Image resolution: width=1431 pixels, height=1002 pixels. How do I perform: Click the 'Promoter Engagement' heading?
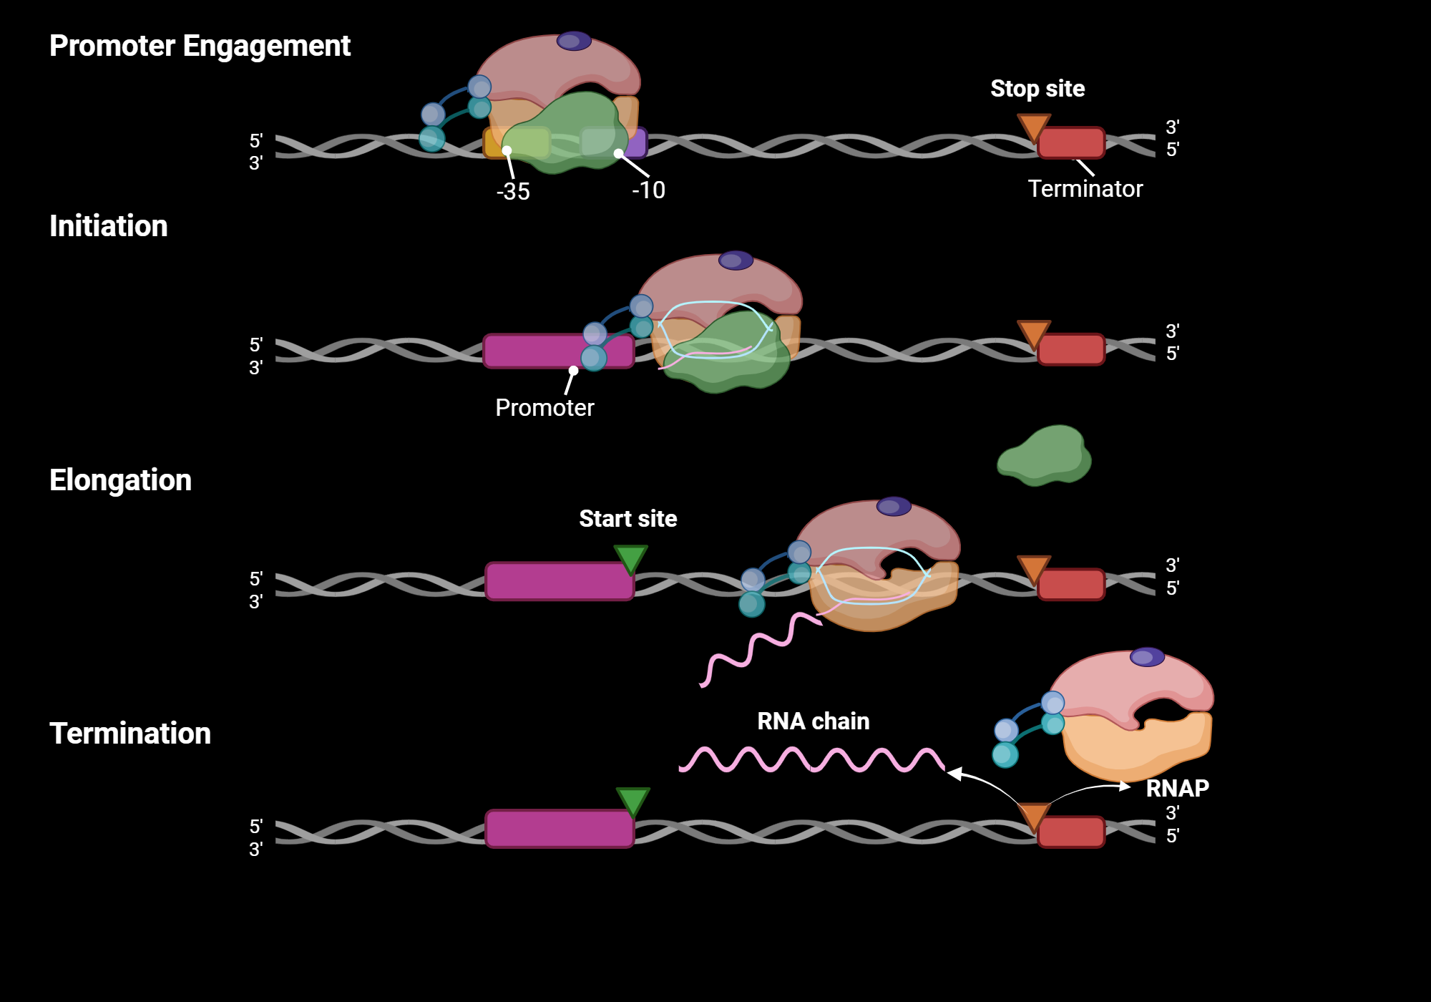click(x=200, y=46)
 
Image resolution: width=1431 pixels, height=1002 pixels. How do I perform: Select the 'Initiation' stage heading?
click(x=108, y=226)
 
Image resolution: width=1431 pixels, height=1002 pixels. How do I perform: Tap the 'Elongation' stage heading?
click(x=120, y=480)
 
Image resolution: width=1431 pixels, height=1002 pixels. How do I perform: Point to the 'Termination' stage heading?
click(x=130, y=734)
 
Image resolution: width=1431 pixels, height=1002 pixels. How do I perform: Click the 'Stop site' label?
click(x=1037, y=89)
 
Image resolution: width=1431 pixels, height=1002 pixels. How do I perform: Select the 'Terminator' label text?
click(x=1085, y=189)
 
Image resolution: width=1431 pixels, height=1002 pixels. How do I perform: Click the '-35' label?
click(x=513, y=192)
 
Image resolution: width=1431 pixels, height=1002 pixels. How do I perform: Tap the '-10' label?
click(x=648, y=190)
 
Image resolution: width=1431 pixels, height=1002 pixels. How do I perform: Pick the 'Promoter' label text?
click(x=544, y=408)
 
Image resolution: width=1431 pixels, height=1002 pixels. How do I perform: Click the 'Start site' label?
click(x=627, y=519)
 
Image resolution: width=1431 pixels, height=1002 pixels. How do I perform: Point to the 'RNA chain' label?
click(x=813, y=721)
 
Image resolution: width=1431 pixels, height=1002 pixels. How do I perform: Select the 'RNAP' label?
click(x=1177, y=789)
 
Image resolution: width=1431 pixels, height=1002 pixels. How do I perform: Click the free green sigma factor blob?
click(x=1045, y=456)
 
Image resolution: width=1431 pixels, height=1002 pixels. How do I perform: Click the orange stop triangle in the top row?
click(x=1033, y=127)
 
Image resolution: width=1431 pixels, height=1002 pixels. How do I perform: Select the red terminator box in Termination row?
click(x=1071, y=832)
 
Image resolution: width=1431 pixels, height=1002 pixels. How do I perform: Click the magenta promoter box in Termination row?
click(x=560, y=829)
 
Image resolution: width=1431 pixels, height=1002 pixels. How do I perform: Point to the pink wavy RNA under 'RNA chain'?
click(x=811, y=759)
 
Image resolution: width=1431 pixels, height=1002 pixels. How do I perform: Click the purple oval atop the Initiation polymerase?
click(x=736, y=261)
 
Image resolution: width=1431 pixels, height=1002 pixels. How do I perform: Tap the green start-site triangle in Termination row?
click(x=633, y=799)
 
